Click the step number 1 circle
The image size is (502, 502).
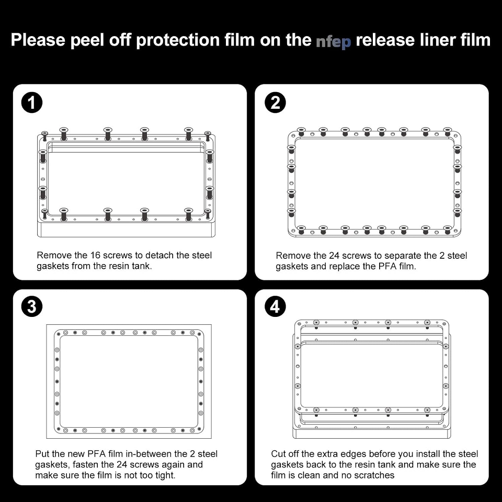[x=32, y=103]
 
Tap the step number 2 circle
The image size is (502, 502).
[x=276, y=103]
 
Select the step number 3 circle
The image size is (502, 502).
[x=32, y=307]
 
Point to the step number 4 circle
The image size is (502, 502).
[x=276, y=307]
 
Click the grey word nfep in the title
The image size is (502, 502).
[x=333, y=41]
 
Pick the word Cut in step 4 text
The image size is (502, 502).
[x=278, y=454]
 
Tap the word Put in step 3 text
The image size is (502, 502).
[x=42, y=454]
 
